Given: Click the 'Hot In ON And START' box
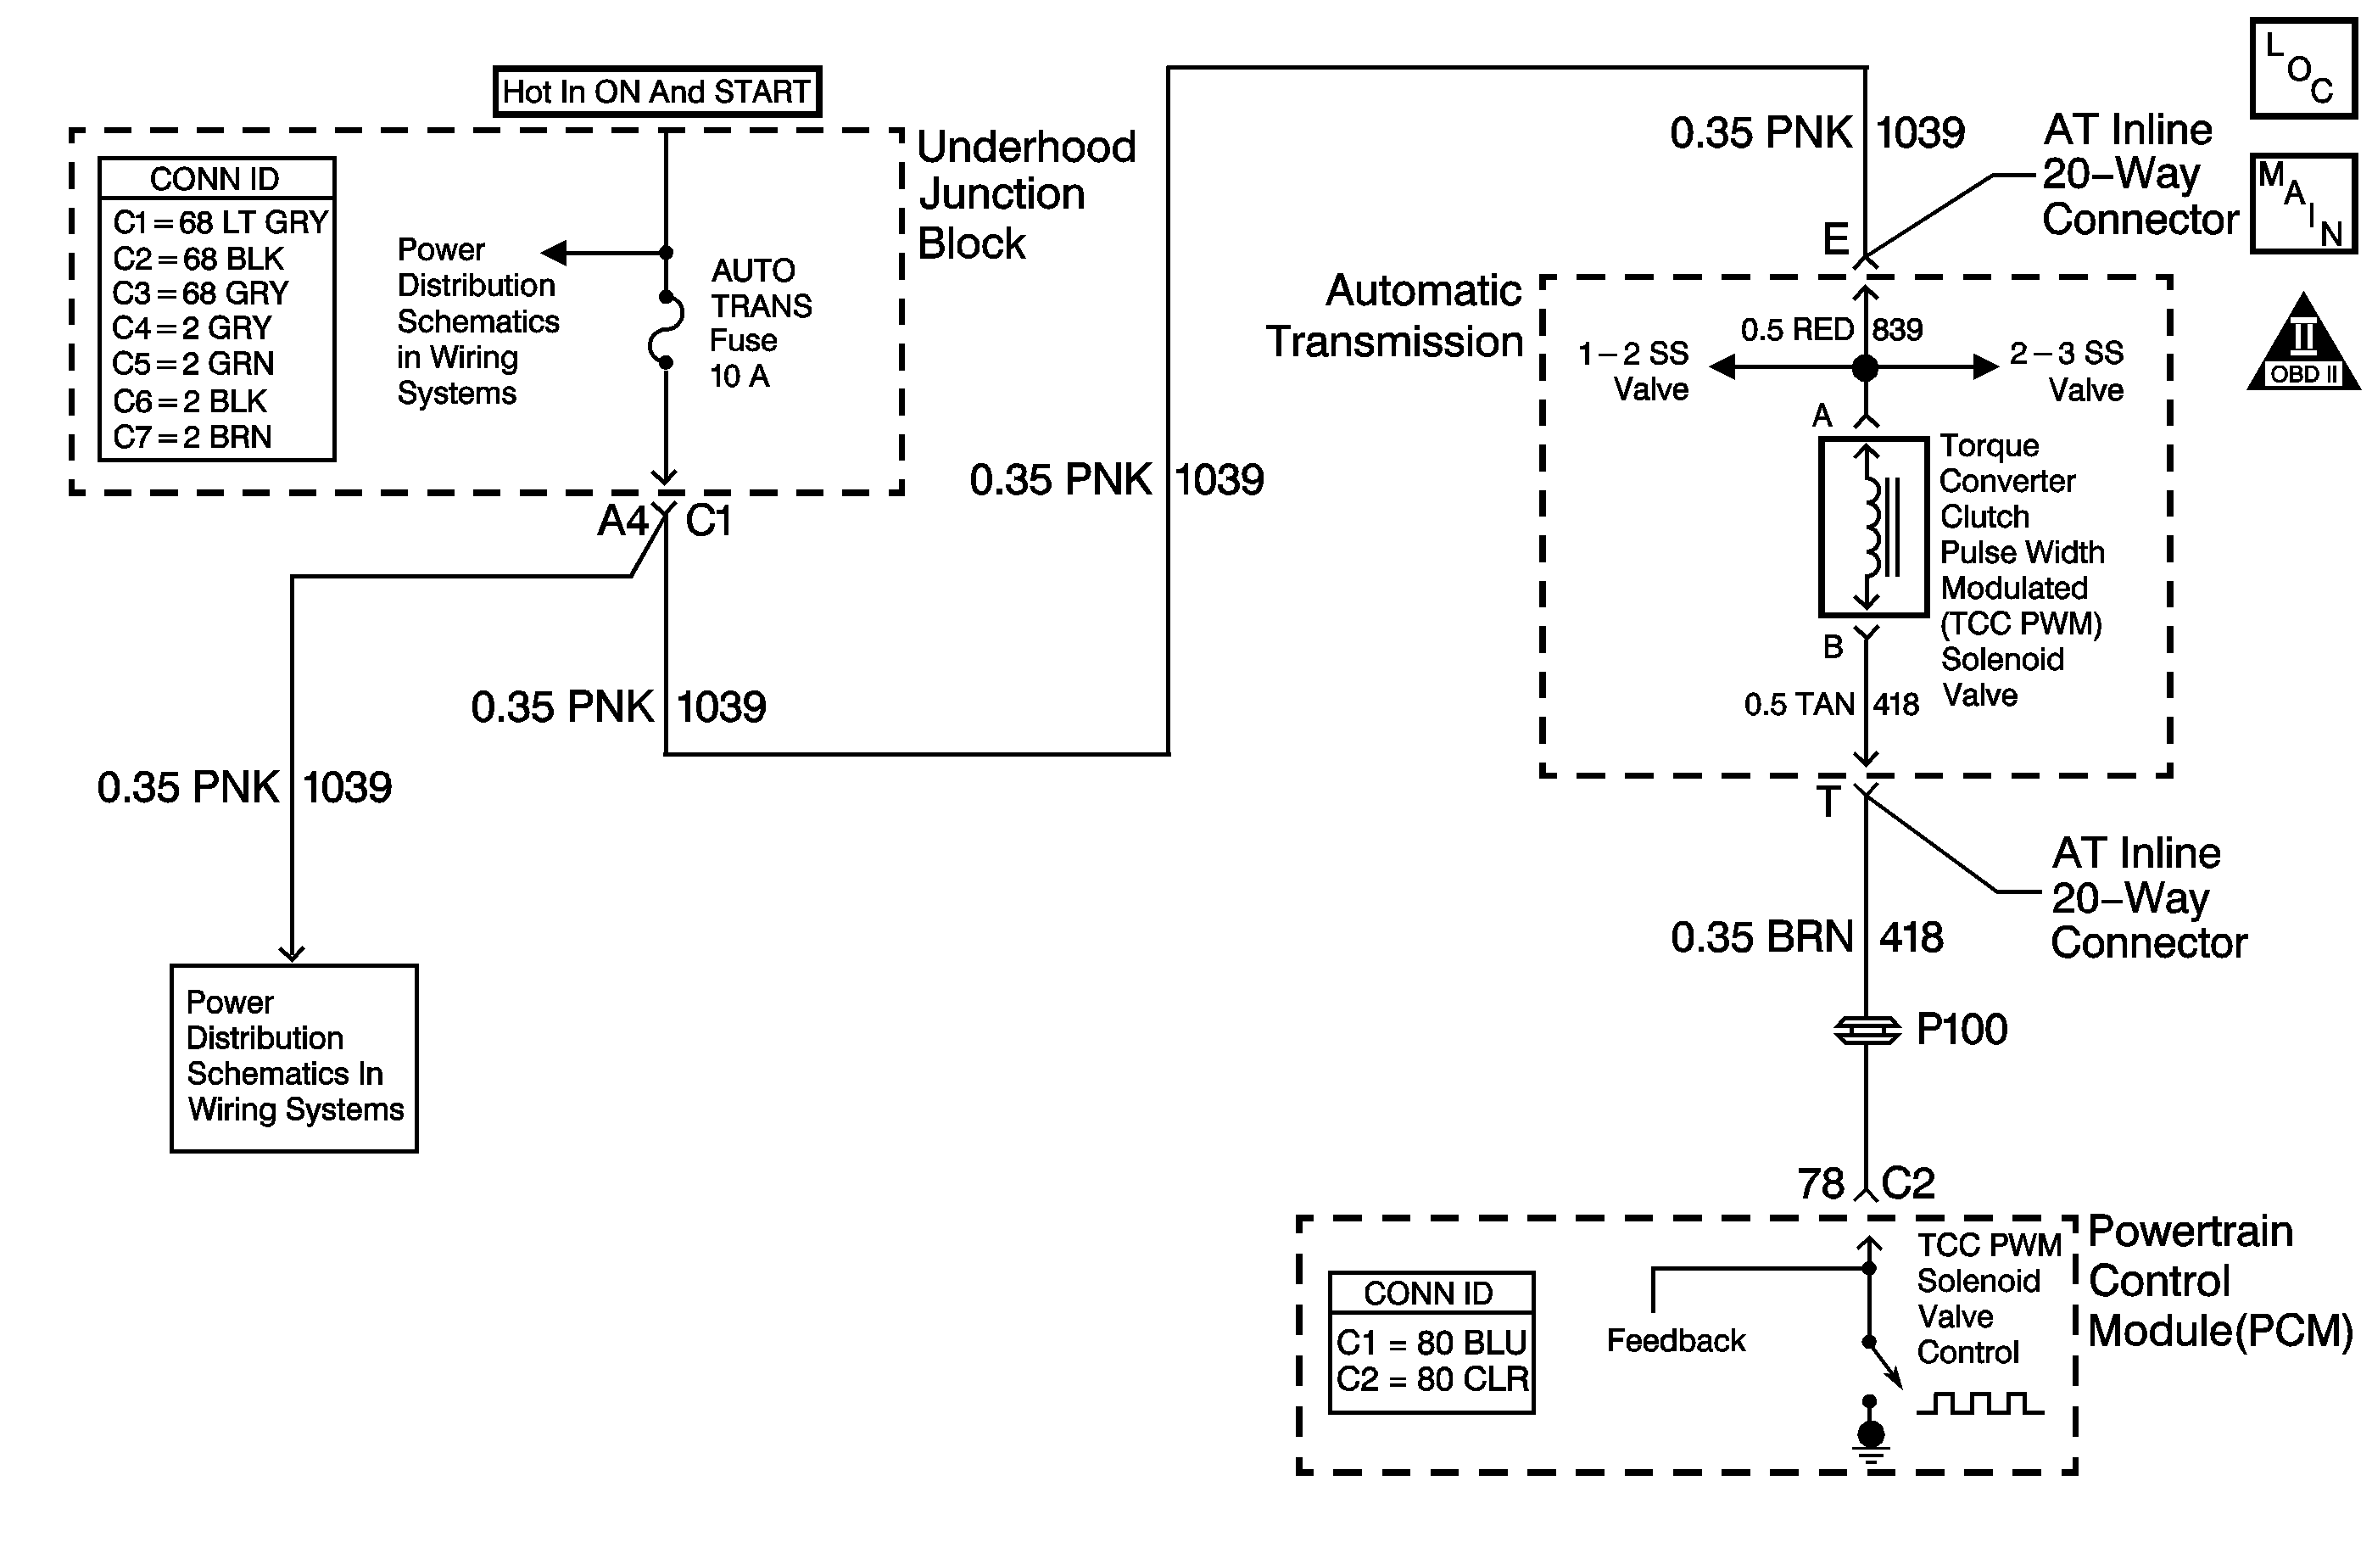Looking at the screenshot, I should coord(656,92).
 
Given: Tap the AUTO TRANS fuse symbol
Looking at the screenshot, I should coord(666,329).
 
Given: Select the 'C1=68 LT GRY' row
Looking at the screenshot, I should coord(220,221).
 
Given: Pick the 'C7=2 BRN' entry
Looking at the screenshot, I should coord(193,437).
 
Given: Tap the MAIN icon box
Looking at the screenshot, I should coord(2303,204).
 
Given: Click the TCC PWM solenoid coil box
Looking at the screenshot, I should coord(1872,527).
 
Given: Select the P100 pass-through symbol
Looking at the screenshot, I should coord(1867,1031).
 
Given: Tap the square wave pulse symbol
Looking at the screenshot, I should coord(1979,1404).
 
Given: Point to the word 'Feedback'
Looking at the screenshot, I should coord(1676,1341).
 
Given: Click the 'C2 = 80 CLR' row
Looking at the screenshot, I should coord(1432,1379).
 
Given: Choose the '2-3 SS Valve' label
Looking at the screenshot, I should coord(2066,370).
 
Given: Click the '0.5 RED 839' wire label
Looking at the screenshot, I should coord(1831,330).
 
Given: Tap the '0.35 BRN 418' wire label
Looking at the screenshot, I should coord(1806,938).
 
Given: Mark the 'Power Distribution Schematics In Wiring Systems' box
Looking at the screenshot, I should coord(294,1058).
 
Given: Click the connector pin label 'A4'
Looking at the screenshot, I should coord(622,522).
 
